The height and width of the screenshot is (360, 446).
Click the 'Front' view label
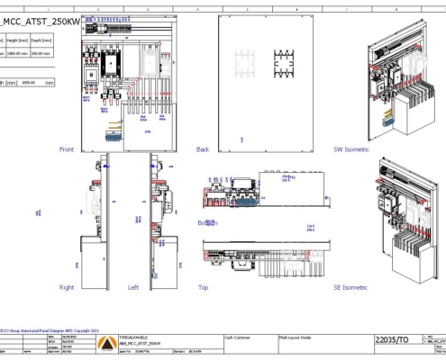pyautogui.click(x=66, y=148)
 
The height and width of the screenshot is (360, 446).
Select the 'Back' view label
pyautogui.click(x=204, y=148)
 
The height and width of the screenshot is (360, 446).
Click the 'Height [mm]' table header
pyautogui.click(x=18, y=39)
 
